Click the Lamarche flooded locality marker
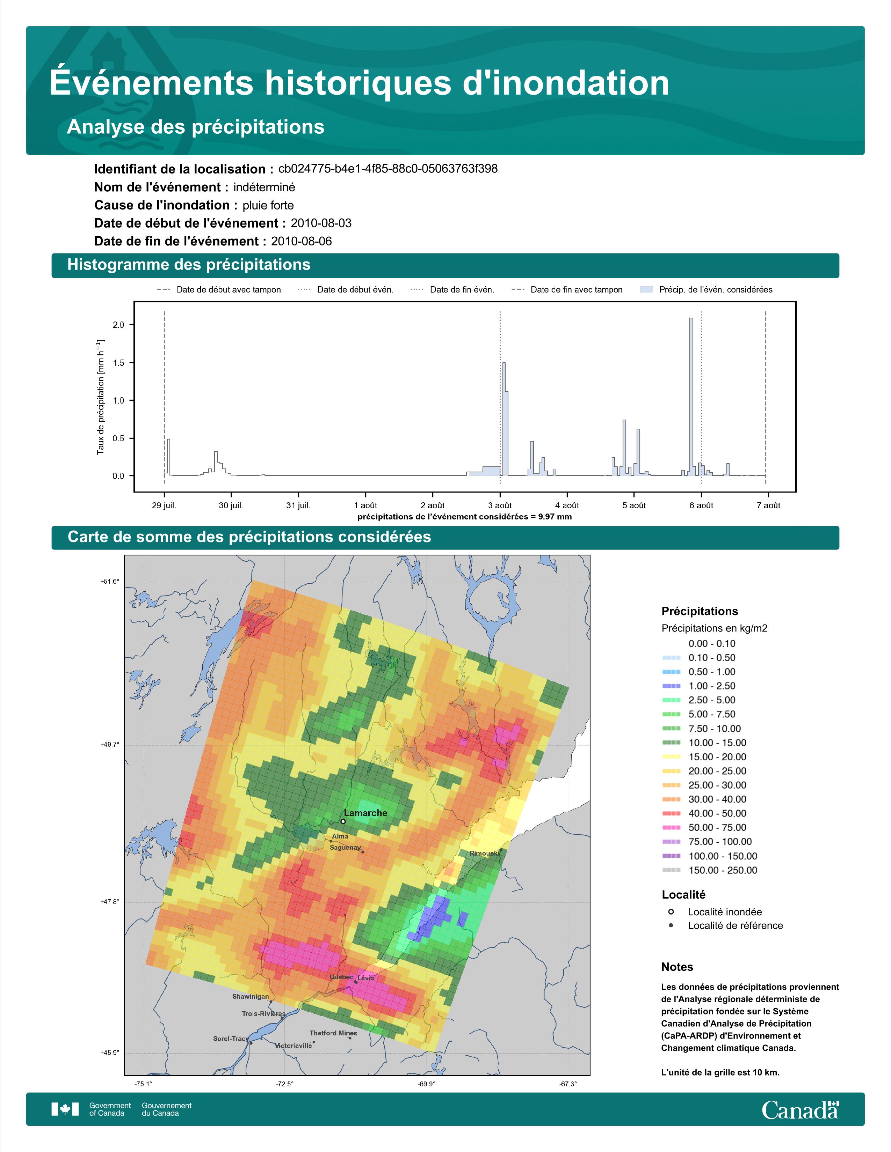(343, 821)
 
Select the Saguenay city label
(345, 848)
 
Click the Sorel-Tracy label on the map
(231, 1039)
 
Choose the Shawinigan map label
(251, 996)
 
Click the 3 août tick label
(500, 505)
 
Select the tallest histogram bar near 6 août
(691, 396)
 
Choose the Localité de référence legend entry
(735, 925)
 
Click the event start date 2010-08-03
(321, 223)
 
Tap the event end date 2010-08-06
(302, 241)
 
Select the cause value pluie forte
(268, 205)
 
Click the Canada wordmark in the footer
(800, 1110)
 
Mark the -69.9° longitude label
(427, 1084)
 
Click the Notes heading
(677, 967)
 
